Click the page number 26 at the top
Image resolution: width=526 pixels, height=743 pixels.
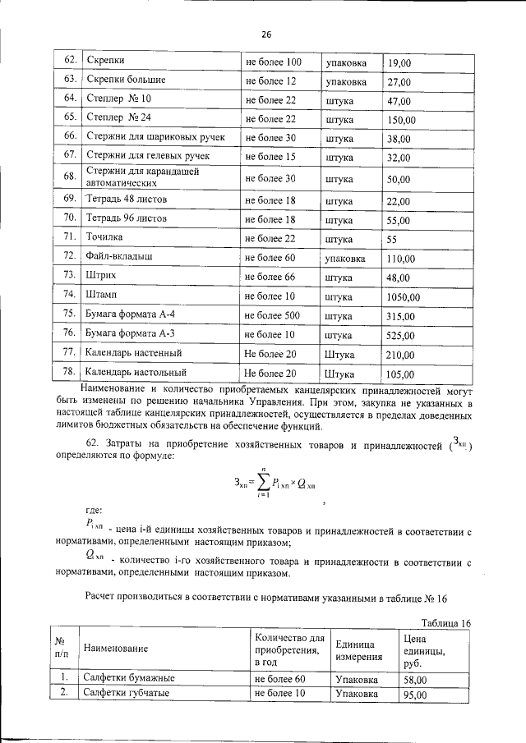tap(265, 34)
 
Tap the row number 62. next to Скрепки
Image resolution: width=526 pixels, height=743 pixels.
tap(70, 62)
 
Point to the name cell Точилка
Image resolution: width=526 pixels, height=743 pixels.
tap(104, 238)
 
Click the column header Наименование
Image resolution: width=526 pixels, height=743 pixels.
tap(115, 649)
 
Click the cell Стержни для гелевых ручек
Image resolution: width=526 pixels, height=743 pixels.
tap(147, 156)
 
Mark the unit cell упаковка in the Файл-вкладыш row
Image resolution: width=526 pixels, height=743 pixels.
tap(345, 259)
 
